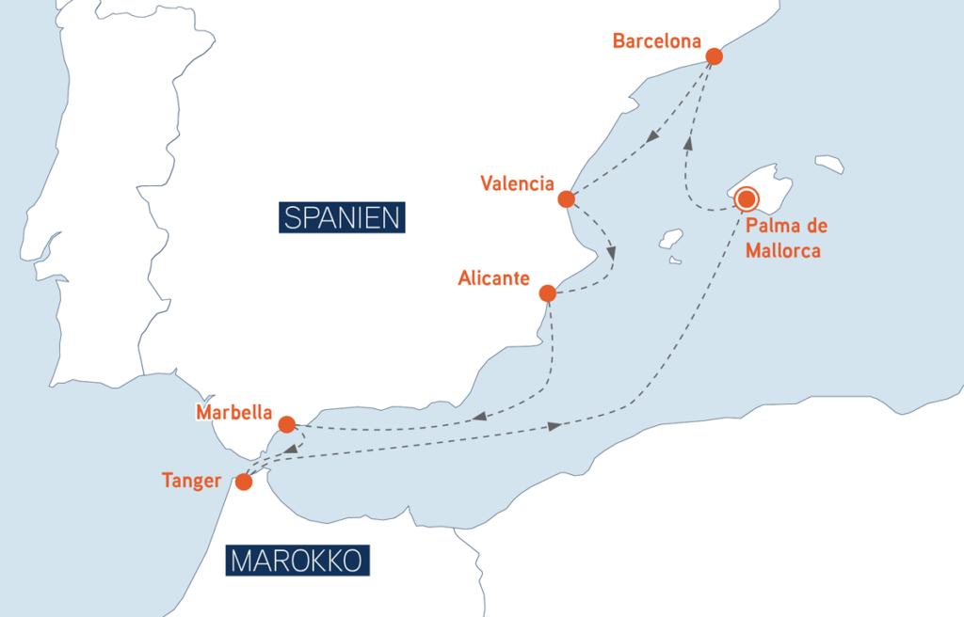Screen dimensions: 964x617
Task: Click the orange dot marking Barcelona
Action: click(x=714, y=56)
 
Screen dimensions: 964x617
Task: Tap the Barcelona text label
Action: click(x=656, y=41)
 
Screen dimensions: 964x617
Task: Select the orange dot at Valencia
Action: click(x=566, y=199)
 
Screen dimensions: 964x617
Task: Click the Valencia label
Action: click(x=516, y=183)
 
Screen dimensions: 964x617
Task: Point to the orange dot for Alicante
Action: click(x=547, y=293)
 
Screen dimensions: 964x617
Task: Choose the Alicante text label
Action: click(x=493, y=278)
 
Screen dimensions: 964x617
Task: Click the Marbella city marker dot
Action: click(x=287, y=424)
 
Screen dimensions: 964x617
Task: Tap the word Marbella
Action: click(x=233, y=413)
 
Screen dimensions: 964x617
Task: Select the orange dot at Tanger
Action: click(x=244, y=483)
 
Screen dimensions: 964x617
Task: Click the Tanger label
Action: click(x=191, y=482)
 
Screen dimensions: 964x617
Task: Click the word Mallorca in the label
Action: click(x=782, y=251)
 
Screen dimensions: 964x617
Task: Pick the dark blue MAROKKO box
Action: click(x=297, y=562)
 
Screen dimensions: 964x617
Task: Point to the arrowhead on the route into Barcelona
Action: click(x=688, y=143)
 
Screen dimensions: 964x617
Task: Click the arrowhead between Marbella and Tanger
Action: click(x=292, y=450)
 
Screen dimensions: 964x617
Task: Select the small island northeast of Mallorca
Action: click(x=829, y=164)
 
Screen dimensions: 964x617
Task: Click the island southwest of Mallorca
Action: click(x=670, y=239)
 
